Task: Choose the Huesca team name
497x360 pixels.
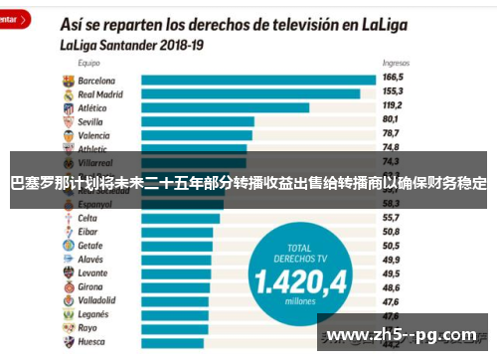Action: click(91, 341)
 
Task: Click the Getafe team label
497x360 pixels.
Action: click(90, 245)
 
